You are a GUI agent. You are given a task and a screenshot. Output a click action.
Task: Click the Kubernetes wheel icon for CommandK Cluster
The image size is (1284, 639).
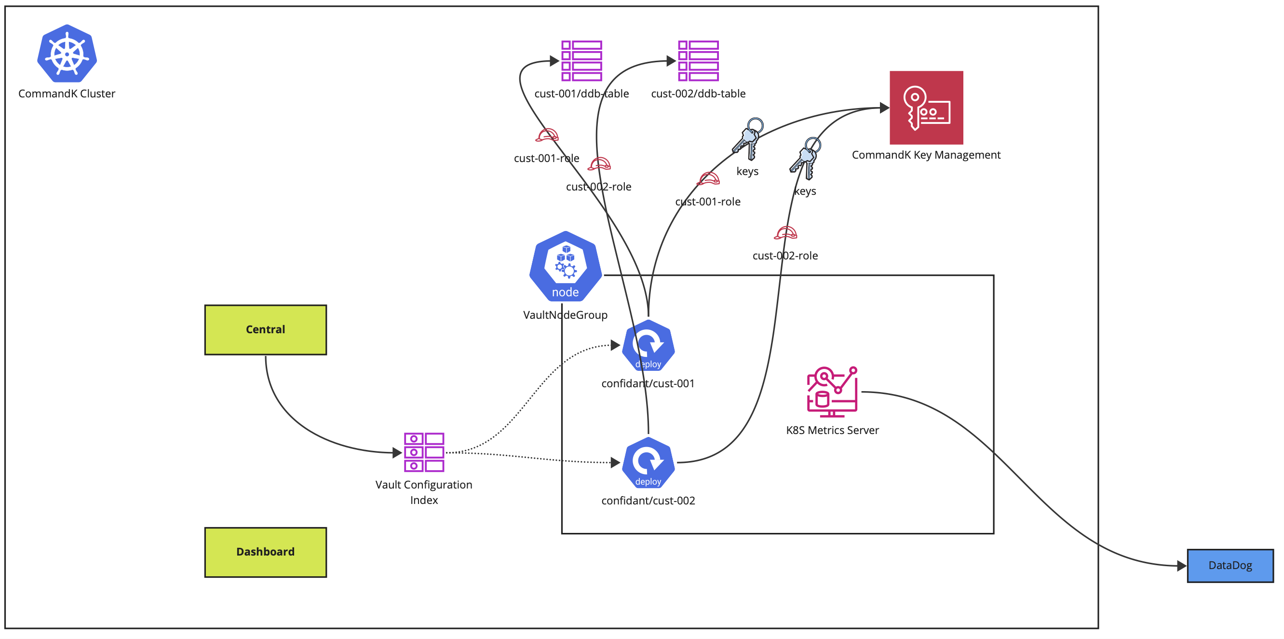coord(67,54)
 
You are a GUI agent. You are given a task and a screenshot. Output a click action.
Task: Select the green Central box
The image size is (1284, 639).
coord(265,329)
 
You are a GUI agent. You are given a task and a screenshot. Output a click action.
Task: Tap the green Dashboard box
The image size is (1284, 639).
coord(265,552)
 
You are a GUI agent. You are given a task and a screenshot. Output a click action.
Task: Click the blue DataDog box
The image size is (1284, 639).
coord(1230,565)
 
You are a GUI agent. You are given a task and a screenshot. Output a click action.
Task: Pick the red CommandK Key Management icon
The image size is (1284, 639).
coord(926,108)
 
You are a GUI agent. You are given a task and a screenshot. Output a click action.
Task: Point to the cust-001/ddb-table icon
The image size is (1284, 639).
coord(581,61)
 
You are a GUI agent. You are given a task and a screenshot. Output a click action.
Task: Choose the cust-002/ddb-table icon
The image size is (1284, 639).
coord(698,61)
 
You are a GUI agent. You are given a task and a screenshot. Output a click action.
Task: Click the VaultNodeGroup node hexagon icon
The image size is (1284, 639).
coord(565,267)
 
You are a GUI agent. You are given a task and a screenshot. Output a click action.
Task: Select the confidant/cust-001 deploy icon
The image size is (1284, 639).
coord(648,345)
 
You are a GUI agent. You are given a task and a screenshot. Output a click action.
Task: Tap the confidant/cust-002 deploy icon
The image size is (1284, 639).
coord(648,462)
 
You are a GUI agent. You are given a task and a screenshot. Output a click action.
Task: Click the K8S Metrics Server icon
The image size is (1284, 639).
coord(832,392)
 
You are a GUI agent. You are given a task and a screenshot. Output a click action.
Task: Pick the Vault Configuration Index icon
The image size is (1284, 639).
coord(424,452)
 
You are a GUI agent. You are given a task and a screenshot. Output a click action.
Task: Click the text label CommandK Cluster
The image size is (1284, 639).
coord(67,94)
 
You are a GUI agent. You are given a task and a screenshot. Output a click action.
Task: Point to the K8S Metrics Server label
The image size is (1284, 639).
coord(832,430)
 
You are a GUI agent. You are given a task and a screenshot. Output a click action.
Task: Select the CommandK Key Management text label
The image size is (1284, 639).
coord(926,155)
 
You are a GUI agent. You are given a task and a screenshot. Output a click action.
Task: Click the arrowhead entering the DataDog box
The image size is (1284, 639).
coord(1181,566)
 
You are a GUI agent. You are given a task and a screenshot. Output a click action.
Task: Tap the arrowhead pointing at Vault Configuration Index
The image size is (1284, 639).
coord(397,452)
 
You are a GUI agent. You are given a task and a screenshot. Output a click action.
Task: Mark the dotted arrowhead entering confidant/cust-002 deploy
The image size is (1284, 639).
coord(616,462)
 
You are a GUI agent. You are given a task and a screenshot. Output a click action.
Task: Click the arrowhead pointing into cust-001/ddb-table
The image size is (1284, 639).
coord(554,61)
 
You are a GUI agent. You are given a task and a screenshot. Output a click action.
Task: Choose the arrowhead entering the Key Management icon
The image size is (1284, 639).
coord(884,108)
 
